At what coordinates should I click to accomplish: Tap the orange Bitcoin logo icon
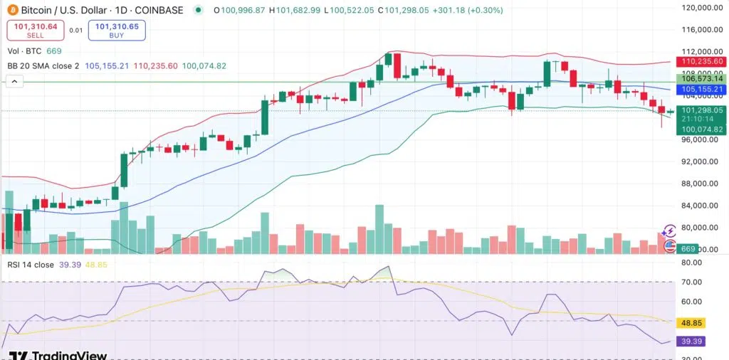point(11,10)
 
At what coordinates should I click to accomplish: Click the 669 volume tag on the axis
point(688,249)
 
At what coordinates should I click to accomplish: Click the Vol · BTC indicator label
point(24,51)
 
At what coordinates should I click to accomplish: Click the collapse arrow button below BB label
point(13,83)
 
